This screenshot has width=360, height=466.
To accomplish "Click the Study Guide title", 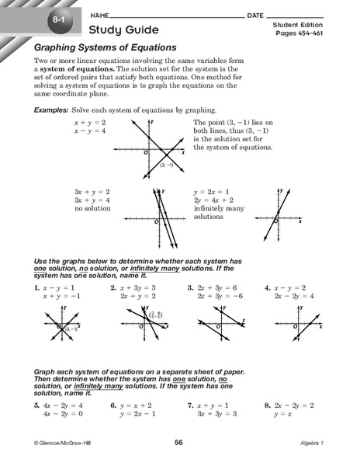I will coord(124,30).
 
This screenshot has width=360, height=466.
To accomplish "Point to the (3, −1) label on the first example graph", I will coord(166,165).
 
